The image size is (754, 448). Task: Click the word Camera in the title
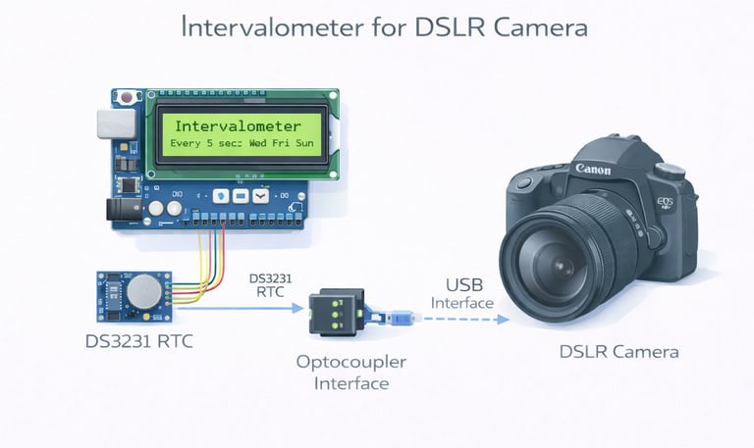coord(541,27)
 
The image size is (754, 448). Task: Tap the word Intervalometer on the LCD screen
coord(238,126)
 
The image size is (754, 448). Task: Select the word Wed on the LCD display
coord(258,143)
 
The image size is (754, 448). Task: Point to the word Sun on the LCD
coord(304,143)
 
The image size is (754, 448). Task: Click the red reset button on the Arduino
coord(127,97)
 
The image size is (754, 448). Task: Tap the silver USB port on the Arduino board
coord(117,124)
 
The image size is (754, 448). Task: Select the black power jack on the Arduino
coord(124,210)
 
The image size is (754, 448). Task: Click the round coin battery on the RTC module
coord(144,291)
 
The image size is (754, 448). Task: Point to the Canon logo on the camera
coord(593,169)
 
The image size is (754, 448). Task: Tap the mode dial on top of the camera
coord(670,171)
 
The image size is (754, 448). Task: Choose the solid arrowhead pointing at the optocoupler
coord(298,308)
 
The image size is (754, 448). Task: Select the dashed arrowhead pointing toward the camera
coord(503,319)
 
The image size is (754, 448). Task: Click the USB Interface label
coord(462,294)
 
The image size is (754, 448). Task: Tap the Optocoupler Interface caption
coord(351,373)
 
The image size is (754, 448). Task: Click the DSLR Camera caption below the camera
coord(619,352)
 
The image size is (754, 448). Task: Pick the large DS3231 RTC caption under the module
coord(139,341)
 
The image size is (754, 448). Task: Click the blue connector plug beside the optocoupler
coord(400,318)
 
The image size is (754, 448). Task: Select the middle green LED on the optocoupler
coord(336,315)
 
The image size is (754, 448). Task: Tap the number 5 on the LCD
coord(209,143)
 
